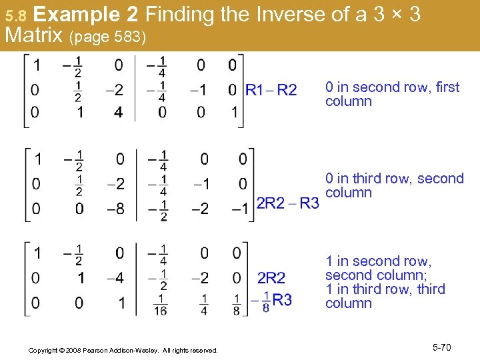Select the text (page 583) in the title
pyautogui.click(x=107, y=37)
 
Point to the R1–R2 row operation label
pyautogui.click(x=271, y=90)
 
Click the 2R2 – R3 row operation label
pyautogui.click(x=287, y=203)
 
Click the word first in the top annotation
pyautogui.click(x=447, y=87)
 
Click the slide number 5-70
pyautogui.click(x=441, y=347)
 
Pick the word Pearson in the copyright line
pyautogui.click(x=112, y=350)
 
